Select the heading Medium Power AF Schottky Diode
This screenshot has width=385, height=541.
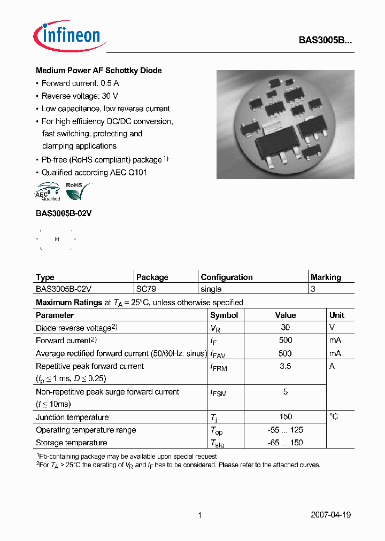98,71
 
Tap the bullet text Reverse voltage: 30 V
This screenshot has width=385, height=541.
80,96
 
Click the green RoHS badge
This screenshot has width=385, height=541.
76,190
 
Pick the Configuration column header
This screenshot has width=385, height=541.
226,277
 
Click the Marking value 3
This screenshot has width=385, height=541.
313,289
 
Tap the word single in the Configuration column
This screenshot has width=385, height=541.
211,289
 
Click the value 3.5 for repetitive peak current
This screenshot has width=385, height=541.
285,366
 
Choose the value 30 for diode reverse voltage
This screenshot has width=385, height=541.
285,327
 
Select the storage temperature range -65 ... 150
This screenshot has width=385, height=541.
285,443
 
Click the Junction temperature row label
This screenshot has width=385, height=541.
72,417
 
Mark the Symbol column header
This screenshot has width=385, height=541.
224,315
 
